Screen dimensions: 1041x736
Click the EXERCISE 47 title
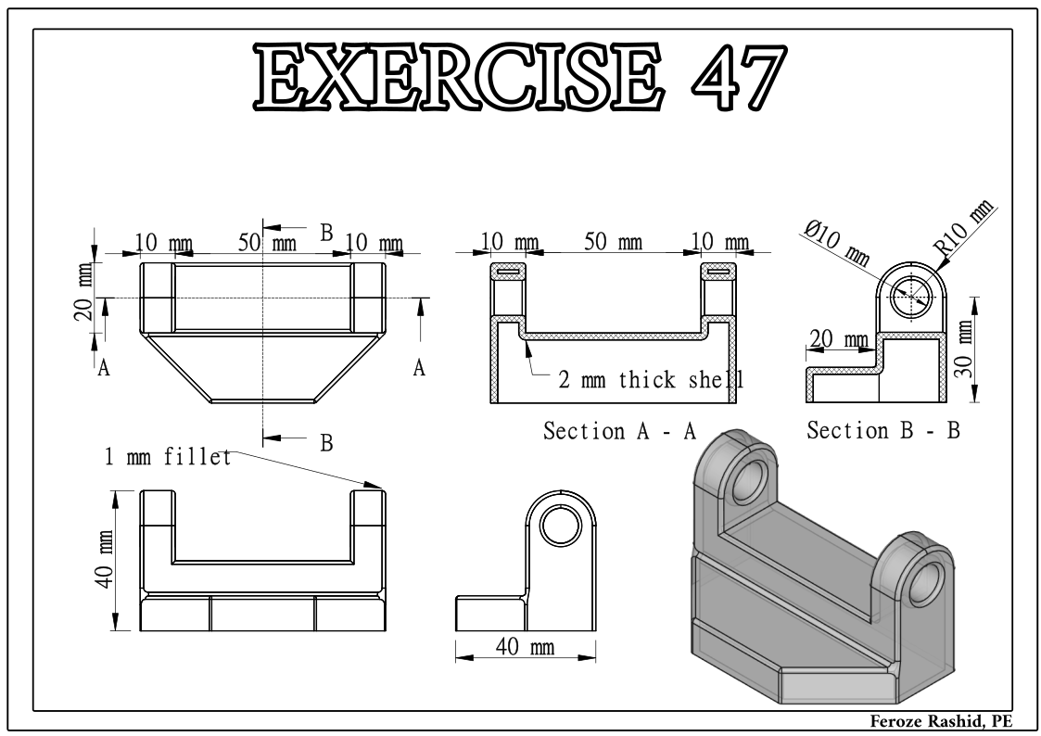[x=520, y=77]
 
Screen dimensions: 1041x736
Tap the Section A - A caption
[x=619, y=431]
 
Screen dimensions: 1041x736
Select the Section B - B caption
[x=883, y=431]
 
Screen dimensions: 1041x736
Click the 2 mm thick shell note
[x=652, y=380]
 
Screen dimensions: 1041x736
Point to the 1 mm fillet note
[x=168, y=457]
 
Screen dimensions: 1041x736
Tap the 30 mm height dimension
[x=965, y=349]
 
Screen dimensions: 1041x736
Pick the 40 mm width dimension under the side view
[x=526, y=646]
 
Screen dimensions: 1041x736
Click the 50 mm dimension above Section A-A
[x=613, y=242]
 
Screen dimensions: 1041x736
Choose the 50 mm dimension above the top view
[x=268, y=242]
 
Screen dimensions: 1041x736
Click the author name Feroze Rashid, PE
[x=942, y=721]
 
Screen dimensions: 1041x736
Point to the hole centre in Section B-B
[x=911, y=297]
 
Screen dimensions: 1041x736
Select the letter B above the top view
[x=326, y=233]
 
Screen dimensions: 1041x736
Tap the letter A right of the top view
[x=419, y=368]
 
